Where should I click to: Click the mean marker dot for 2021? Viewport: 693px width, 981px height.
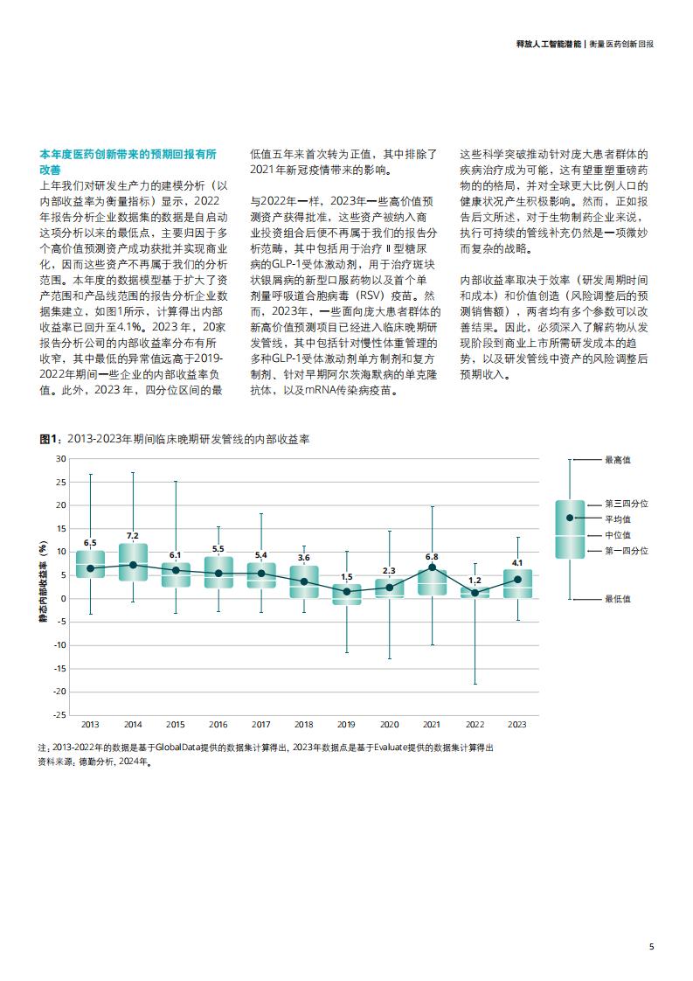pyautogui.click(x=432, y=567)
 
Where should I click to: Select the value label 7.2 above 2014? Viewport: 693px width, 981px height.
pyautogui.click(x=133, y=536)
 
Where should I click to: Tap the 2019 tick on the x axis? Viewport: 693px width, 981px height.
pyautogui.click(x=346, y=725)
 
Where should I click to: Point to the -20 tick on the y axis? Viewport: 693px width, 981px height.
pyautogui.click(x=59, y=692)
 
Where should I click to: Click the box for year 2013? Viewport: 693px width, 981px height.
pyautogui.click(x=90, y=564)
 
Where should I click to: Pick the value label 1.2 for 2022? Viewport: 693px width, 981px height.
pyautogui.click(x=475, y=581)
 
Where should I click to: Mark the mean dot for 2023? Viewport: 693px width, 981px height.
pyautogui.click(x=517, y=580)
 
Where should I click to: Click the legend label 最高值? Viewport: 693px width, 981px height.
pyautogui.click(x=617, y=460)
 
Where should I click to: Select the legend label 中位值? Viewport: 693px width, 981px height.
pyautogui.click(x=617, y=535)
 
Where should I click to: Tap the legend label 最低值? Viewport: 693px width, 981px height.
pyautogui.click(x=617, y=599)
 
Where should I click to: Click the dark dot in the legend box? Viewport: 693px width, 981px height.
pyautogui.click(x=570, y=518)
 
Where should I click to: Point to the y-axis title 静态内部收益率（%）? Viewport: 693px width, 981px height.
pyautogui.click(x=43, y=581)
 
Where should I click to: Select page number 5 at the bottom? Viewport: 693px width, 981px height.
pyautogui.click(x=652, y=947)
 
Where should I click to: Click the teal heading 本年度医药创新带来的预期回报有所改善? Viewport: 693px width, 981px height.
pyautogui.click(x=128, y=162)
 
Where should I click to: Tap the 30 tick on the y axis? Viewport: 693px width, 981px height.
pyautogui.click(x=60, y=459)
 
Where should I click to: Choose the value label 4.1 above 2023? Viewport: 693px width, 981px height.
pyautogui.click(x=517, y=563)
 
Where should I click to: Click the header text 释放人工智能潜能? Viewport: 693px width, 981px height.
pyautogui.click(x=549, y=45)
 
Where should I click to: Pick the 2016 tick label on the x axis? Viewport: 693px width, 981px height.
pyautogui.click(x=218, y=725)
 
